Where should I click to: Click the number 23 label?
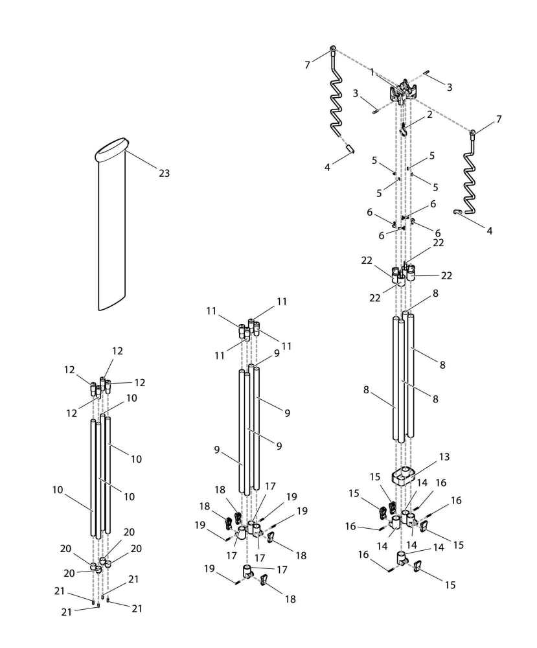164,173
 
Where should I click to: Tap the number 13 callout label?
444,457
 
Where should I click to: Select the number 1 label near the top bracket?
372,73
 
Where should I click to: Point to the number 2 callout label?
429,115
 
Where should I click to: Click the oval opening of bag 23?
111,150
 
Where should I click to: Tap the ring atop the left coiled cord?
333,49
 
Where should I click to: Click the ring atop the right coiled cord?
474,133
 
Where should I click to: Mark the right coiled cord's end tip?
457,212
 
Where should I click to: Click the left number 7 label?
308,65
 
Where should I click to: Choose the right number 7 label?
498,119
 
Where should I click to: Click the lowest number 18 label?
290,599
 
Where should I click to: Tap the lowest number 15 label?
450,584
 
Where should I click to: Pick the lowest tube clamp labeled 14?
402,558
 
